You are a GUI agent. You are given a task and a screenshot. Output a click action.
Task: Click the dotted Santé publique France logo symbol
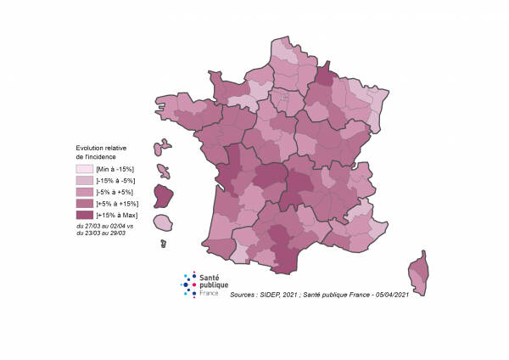tap(190, 284)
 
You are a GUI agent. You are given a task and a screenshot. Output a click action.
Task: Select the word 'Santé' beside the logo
tap(209, 278)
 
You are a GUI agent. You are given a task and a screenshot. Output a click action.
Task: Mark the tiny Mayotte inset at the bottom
tap(163, 244)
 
